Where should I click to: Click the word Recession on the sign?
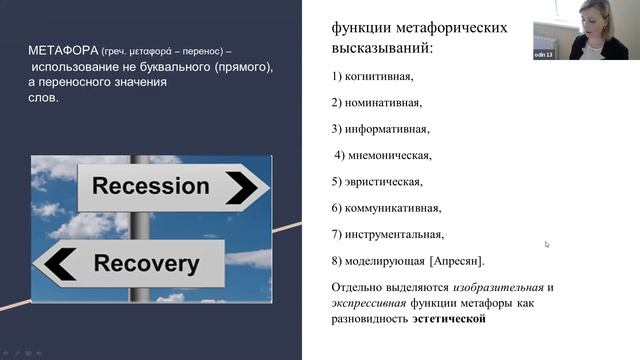[150, 186]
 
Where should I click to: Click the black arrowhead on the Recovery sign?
[59, 264]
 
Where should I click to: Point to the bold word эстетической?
[449, 319]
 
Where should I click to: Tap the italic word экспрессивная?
[368, 304]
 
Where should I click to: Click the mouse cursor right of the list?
[547, 244]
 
